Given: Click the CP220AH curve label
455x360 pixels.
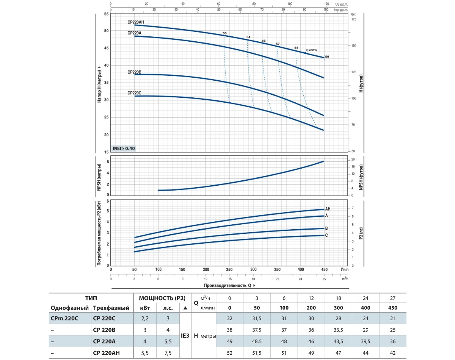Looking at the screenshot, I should click(x=136, y=22).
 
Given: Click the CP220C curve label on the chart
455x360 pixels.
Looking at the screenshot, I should click(x=135, y=93).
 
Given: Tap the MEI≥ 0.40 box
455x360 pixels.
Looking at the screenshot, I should click(x=124, y=148).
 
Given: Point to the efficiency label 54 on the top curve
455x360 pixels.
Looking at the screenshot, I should click(x=248, y=37).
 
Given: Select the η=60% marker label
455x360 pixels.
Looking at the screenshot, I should click(x=312, y=50).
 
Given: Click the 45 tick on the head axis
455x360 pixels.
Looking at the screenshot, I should click(x=106, y=48).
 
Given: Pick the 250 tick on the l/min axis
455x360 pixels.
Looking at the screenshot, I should click(x=229, y=269).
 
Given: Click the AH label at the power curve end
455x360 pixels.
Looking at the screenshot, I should click(x=328, y=209).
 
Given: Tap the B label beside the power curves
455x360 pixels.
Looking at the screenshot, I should click(x=326, y=229).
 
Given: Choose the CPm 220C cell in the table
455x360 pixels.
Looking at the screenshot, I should click(x=64, y=318).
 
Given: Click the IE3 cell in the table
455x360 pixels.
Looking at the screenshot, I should click(x=185, y=336).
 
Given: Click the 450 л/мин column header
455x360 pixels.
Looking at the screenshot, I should click(x=392, y=308).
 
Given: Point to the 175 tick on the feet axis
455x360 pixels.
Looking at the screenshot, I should click(x=353, y=19).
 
